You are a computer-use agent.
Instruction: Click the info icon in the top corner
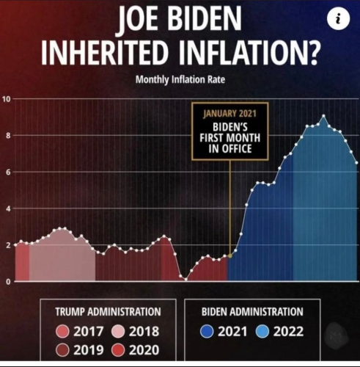[338, 21]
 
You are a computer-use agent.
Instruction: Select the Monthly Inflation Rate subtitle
[180, 80]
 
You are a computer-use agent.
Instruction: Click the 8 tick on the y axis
[6, 136]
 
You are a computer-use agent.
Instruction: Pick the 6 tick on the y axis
[6, 172]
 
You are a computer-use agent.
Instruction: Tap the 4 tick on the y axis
[6, 208]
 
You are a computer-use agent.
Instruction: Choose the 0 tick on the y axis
[6, 282]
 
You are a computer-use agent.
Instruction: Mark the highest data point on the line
[323, 117]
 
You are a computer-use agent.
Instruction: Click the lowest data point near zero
[185, 278]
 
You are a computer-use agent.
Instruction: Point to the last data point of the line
[356, 163]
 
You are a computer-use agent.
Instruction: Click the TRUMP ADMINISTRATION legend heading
[107, 312]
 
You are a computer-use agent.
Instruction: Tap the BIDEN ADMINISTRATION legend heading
[251, 312]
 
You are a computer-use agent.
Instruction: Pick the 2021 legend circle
[207, 332]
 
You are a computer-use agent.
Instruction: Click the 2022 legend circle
[262, 332]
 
